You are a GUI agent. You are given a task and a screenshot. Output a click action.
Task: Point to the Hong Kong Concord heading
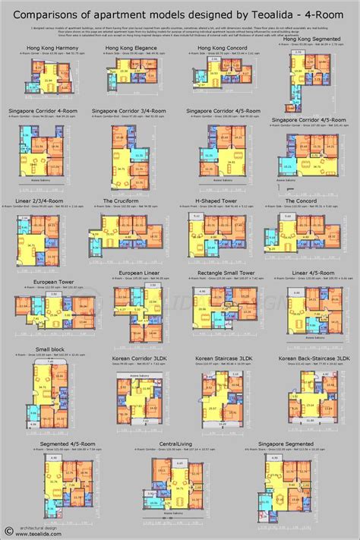coord(218,48)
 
